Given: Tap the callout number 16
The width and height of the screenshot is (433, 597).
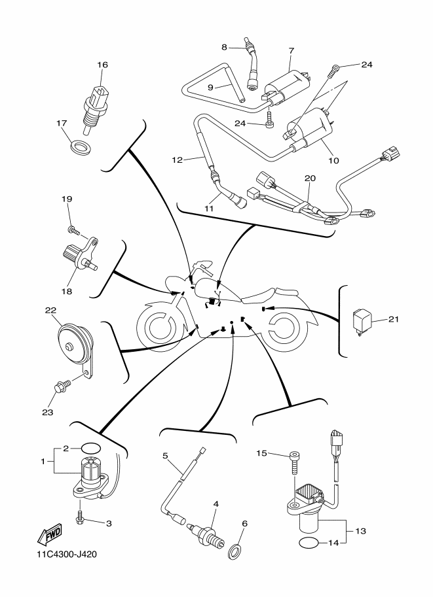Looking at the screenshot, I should (102, 65).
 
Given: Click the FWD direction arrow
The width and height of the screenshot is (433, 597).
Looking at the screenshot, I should (50, 537).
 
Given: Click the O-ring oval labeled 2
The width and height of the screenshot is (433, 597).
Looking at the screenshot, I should (91, 449).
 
